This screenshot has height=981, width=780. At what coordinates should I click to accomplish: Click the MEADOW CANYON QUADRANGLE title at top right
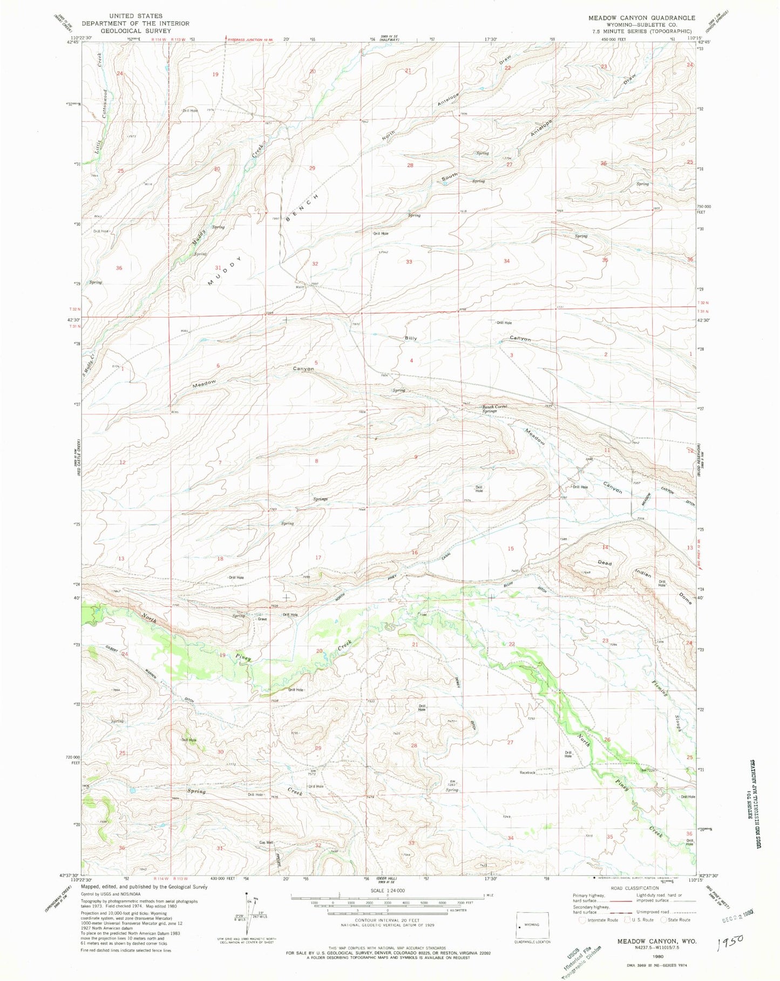[642, 18]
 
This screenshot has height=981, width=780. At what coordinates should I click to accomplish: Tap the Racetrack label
[528, 773]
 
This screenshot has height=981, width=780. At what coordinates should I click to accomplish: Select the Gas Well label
[266, 842]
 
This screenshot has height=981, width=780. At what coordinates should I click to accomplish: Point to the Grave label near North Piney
[262, 619]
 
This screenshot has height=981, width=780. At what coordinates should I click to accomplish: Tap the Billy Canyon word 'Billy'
[411, 338]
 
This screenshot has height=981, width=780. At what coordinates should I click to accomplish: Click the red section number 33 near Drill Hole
[410, 261]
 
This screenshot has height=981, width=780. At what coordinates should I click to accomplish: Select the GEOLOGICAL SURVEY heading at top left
[135, 31]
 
